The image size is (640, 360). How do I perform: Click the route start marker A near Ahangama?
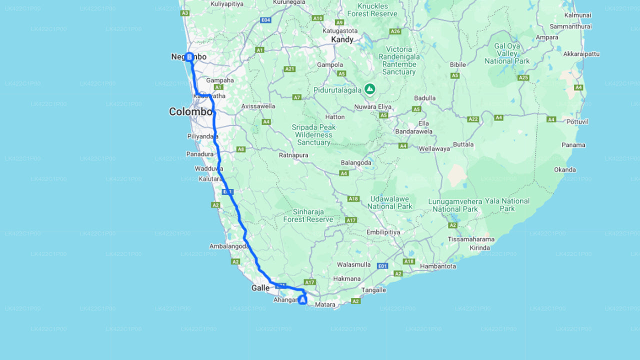pyautogui.click(x=302, y=300)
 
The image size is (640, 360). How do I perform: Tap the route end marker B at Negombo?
pyautogui.click(x=189, y=57)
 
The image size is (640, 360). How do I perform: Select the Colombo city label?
pyautogui.click(x=190, y=111)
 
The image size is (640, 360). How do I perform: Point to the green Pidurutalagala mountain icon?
pyautogui.click(x=369, y=89)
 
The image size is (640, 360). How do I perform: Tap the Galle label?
pyautogui.click(x=260, y=288)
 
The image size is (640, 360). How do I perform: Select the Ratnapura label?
pyautogui.click(x=293, y=155)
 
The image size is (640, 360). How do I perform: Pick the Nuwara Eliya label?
pyautogui.click(x=372, y=106)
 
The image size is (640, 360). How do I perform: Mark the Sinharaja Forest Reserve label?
pyautogui.click(x=308, y=215)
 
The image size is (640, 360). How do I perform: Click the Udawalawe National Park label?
pyautogui.click(x=390, y=202)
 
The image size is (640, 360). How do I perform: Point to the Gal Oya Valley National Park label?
pyautogui.click(x=507, y=53)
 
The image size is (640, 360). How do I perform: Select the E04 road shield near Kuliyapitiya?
pyautogui.click(x=266, y=20)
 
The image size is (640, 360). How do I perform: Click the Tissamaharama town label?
pyautogui.click(x=471, y=239)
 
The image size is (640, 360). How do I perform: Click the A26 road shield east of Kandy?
pyautogui.click(x=395, y=31)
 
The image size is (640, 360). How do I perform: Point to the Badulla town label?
pyautogui.click(x=425, y=98)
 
